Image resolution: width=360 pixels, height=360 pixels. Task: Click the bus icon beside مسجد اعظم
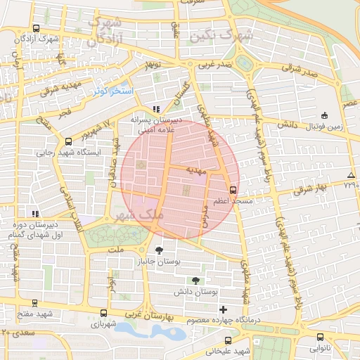(233, 189)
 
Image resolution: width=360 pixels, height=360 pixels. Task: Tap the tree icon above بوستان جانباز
(161, 250)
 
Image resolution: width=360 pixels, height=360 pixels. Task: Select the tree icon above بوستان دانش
(195, 280)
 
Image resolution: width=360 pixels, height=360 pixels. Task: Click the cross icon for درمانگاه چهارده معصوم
(224, 309)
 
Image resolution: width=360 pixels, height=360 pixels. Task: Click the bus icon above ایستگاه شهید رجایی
(67, 141)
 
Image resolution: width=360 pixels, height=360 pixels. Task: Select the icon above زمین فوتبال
(323, 115)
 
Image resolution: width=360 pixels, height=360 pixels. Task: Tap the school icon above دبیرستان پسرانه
(156, 109)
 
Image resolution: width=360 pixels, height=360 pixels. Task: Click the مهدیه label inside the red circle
(195, 171)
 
